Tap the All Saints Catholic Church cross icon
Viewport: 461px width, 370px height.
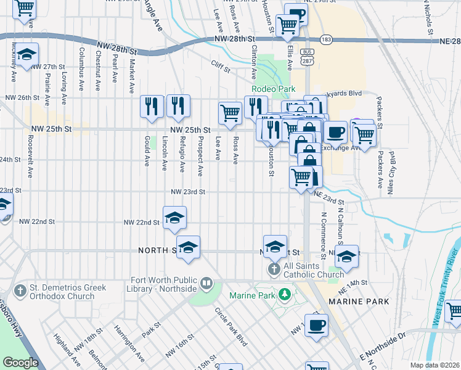coord(274,269)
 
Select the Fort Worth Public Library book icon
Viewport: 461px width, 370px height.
coord(206,284)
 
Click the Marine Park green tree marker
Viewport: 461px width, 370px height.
coord(284,295)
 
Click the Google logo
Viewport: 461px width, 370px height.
coord(20,363)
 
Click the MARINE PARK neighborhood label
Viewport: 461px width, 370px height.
coord(359,302)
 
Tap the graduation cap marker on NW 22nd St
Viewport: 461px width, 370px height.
coord(174,217)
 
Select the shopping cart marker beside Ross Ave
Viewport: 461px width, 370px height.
coord(230,113)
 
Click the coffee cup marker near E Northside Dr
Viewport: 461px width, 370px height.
coord(316,325)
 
